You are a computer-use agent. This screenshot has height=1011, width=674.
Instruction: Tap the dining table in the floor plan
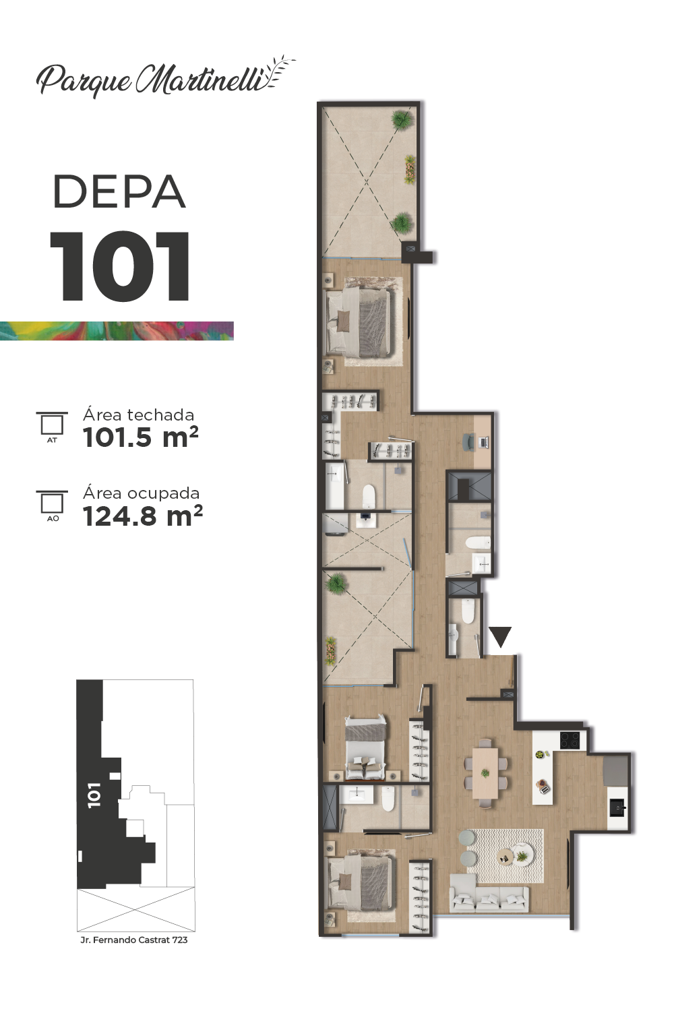[x=485, y=773]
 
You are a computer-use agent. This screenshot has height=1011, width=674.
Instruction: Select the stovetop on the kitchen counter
[x=570, y=740]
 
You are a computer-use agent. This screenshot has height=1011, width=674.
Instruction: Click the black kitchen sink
[x=617, y=807]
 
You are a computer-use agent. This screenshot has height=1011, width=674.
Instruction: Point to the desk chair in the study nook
[x=469, y=441]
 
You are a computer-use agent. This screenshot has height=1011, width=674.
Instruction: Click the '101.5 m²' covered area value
[x=140, y=437]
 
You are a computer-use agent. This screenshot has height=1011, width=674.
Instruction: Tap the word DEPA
[x=119, y=192]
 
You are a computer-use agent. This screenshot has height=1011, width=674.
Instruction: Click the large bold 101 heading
[x=119, y=266]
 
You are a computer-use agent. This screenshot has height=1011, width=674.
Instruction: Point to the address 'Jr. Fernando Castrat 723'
[x=133, y=940]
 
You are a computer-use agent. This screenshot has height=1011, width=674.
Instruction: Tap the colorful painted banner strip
[x=117, y=331]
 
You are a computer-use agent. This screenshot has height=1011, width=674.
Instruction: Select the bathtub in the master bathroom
[x=335, y=486]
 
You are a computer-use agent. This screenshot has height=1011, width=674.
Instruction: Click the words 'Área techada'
[x=139, y=415]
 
